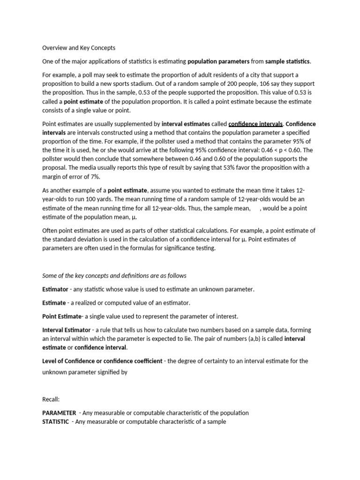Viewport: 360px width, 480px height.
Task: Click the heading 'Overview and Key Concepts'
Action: click(79, 48)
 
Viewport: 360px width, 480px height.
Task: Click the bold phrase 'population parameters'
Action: click(218, 61)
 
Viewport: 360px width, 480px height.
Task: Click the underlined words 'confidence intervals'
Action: click(255, 124)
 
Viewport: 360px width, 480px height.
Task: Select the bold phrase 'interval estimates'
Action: click(186, 124)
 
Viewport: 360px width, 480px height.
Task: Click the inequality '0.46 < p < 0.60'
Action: click(279, 150)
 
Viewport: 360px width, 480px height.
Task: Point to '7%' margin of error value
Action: click(94, 176)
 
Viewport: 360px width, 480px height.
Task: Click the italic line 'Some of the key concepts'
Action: click(114, 276)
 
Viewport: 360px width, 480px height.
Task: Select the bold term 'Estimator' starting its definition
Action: click(55, 289)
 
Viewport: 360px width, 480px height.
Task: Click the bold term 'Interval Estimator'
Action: click(67, 330)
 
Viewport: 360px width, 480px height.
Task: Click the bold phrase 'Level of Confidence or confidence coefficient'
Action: click(102, 361)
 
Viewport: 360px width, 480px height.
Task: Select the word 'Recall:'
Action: click(51, 399)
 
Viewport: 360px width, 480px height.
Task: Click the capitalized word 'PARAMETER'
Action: click(59, 413)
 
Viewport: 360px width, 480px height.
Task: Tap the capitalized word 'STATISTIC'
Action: click(55, 421)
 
